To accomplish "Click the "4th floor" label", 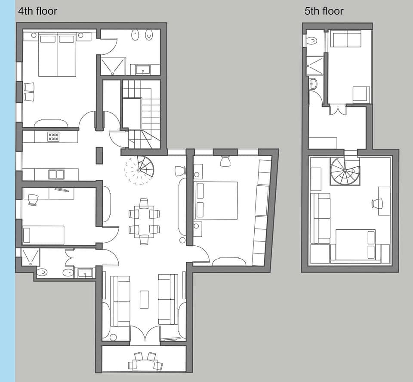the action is pyautogui.click(x=37, y=11).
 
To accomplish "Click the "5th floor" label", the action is pyautogui.click(x=324, y=11).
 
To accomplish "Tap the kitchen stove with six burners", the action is pyautogui.click(x=53, y=137).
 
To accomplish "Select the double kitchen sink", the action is pyautogui.click(x=56, y=175).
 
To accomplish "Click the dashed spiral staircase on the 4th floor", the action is pyautogui.click(x=139, y=170).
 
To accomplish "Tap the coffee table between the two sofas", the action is pyautogui.click(x=144, y=299).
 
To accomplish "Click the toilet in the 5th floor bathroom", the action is pyautogui.click(x=312, y=41).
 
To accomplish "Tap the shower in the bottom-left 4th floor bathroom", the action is pyautogui.click(x=30, y=257).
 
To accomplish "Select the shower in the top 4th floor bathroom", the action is pyautogui.click(x=112, y=66).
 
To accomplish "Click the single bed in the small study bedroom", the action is pyautogui.click(x=43, y=235).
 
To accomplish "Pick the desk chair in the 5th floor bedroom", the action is pyautogui.click(x=377, y=204).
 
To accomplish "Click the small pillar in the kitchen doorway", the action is pyautogui.click(x=99, y=156).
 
